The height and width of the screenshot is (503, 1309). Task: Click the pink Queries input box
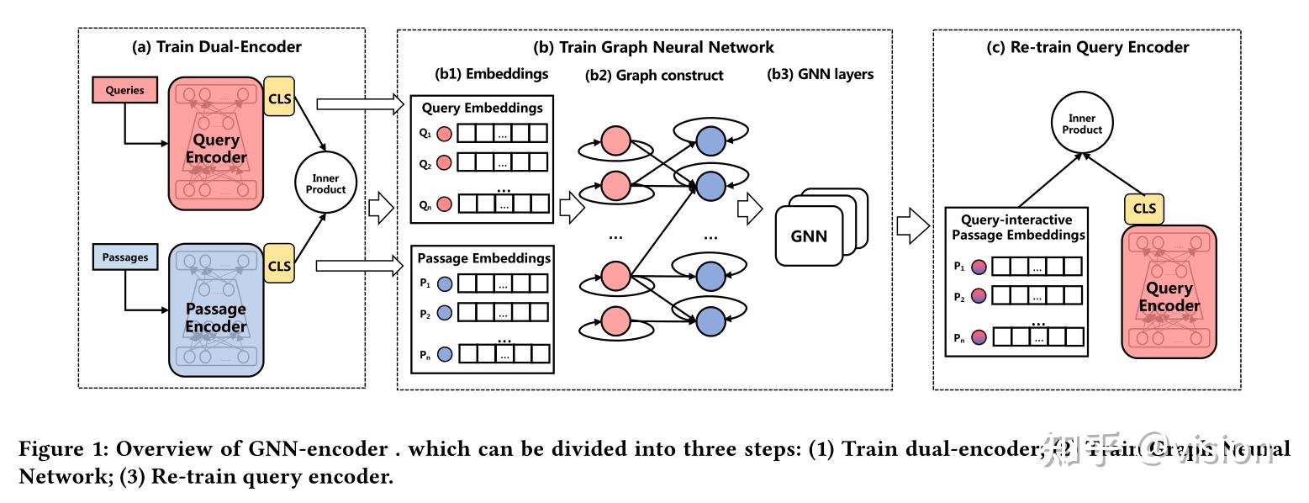click(x=125, y=90)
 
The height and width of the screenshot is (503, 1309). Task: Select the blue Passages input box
click(x=125, y=257)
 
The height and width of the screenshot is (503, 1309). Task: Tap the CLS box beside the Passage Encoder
click(x=279, y=266)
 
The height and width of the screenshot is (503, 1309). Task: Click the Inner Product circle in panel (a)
click(x=325, y=184)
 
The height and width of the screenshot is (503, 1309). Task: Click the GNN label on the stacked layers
click(x=809, y=236)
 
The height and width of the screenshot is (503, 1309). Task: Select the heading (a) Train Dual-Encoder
click(x=217, y=47)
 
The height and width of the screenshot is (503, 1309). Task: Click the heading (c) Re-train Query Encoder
click(x=1088, y=47)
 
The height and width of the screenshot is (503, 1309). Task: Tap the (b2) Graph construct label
click(x=654, y=75)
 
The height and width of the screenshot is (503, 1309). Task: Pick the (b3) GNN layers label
click(x=821, y=74)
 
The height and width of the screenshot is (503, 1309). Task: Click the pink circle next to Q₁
click(x=444, y=134)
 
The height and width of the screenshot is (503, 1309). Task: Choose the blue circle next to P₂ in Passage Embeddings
click(x=445, y=313)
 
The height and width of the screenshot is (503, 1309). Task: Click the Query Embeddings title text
click(x=482, y=108)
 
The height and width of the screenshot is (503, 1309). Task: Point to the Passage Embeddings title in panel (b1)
click(x=483, y=257)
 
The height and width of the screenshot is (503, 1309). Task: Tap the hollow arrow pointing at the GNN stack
click(x=749, y=210)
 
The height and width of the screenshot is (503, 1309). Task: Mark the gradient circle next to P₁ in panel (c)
click(x=979, y=267)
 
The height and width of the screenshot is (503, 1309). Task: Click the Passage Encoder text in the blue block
click(x=216, y=318)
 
